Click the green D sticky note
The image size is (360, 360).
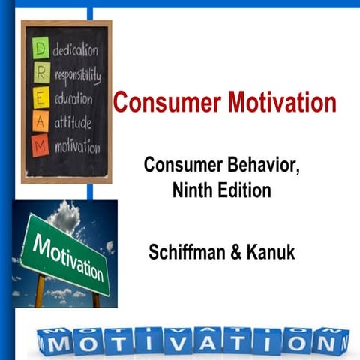[x=40, y=50]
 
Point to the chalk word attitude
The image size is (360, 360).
[x=73, y=122]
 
